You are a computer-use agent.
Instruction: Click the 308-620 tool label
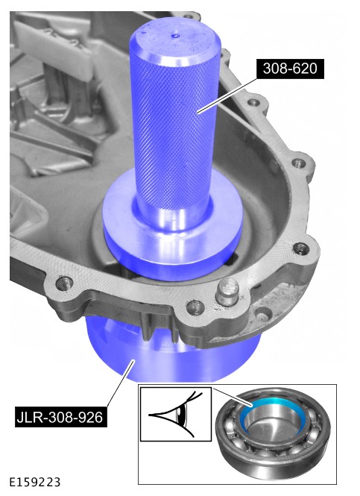coord(290,69)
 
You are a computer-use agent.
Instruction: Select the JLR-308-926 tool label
coord(60,418)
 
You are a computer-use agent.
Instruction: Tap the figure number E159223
coord(34,483)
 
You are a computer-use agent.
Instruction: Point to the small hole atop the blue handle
coord(175,36)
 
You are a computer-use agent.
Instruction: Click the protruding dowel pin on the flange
coord(227,292)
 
